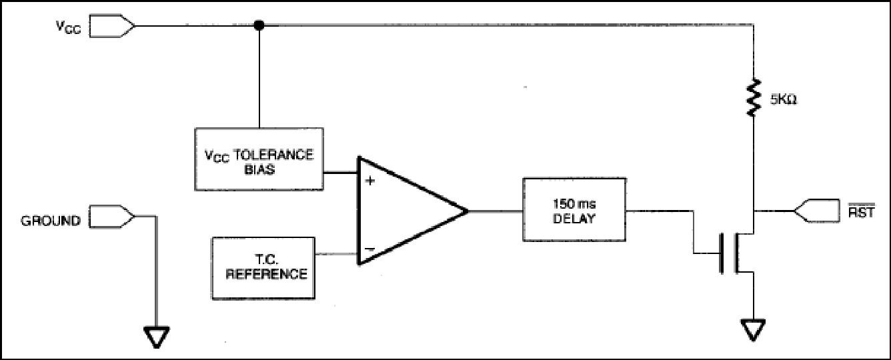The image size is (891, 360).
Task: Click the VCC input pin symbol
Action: click(x=112, y=26)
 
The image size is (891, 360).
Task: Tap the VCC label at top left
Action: click(x=68, y=27)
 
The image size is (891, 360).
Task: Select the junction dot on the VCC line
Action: click(x=259, y=25)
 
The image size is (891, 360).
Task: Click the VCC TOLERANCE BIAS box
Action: click(x=259, y=159)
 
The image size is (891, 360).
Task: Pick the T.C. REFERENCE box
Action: click(x=263, y=268)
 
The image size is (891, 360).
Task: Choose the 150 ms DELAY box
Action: click(x=574, y=209)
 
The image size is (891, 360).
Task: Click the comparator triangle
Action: click(x=411, y=211)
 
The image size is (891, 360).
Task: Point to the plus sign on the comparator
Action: click(x=370, y=181)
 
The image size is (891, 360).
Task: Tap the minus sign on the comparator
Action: click(x=369, y=249)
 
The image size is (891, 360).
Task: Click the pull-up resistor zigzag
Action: click(x=754, y=98)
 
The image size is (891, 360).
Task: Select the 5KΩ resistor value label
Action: click(x=784, y=99)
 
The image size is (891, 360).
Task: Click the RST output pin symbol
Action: click(x=816, y=211)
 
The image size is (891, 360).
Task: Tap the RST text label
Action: click(x=862, y=211)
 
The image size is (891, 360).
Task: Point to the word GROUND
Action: click(x=51, y=221)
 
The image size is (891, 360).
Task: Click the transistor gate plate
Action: click(x=721, y=253)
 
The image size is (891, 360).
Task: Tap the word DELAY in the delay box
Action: click(x=574, y=219)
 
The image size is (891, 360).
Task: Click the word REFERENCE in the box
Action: click(x=267, y=274)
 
